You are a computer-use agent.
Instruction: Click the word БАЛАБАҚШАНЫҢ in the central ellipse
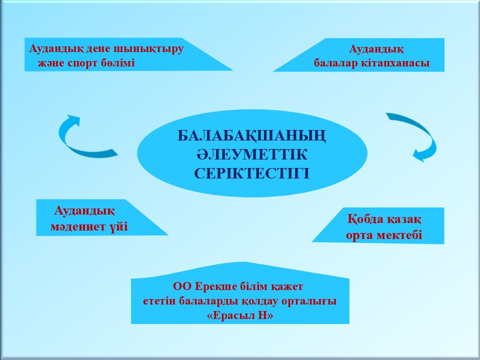pos(251,136)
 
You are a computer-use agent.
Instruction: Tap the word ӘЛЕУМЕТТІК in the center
pos(251,154)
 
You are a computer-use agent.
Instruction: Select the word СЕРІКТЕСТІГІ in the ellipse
pos(251,173)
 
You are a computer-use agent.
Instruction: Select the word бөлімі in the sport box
pos(118,63)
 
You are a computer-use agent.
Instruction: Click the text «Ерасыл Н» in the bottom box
pos(240,315)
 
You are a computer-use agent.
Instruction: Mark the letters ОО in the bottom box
pos(182,286)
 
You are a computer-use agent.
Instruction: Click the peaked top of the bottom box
pos(245,262)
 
